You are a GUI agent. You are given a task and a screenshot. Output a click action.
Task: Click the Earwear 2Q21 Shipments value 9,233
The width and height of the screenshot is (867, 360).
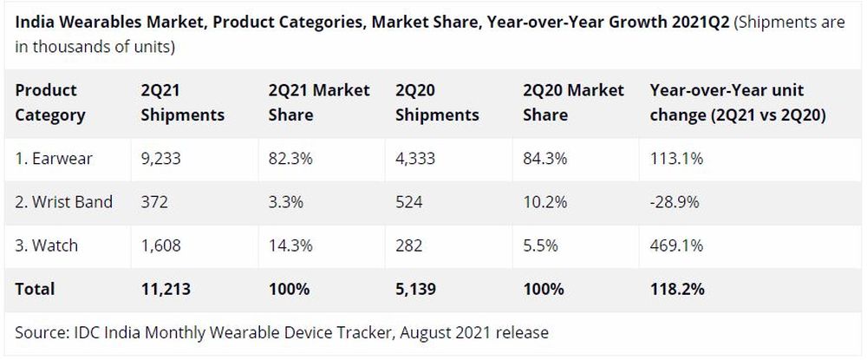(161, 158)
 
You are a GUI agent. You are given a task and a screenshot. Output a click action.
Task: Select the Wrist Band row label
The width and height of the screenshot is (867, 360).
(64, 202)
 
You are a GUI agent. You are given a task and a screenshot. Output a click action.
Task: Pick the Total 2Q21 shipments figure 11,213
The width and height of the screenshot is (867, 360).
(165, 289)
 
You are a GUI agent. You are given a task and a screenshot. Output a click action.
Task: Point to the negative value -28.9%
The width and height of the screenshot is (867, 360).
(673, 202)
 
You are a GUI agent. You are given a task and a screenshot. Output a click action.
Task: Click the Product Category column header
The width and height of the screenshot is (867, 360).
(50, 102)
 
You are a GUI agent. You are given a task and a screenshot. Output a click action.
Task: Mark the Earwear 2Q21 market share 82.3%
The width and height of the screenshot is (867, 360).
(288, 158)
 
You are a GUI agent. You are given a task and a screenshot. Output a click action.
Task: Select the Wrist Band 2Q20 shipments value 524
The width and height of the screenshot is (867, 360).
(409, 202)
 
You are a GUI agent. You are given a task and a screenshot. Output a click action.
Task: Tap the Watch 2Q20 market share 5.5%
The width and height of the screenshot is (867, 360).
(540, 245)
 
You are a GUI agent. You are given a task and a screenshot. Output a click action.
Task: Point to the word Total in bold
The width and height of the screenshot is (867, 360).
(35, 289)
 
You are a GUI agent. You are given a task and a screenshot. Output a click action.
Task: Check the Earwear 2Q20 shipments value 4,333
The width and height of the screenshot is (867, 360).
(415, 158)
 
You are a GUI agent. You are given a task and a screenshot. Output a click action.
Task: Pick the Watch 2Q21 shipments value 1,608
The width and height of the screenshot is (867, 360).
(161, 245)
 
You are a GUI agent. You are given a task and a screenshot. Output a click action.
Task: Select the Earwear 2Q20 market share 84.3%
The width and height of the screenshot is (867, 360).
(544, 158)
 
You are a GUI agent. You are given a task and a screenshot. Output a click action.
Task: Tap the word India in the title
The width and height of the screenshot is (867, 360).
(34, 23)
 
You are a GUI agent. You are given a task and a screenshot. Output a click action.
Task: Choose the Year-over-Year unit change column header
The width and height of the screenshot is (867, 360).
(737, 102)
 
